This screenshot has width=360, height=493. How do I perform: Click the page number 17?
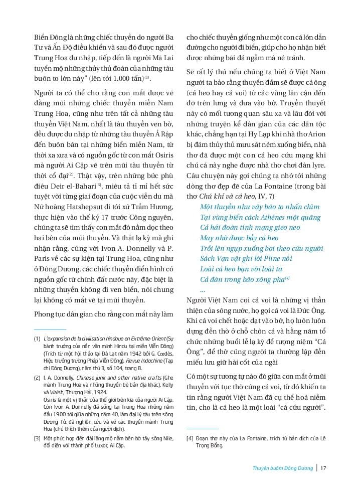[323, 469]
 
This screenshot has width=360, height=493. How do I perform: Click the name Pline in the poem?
[280, 259]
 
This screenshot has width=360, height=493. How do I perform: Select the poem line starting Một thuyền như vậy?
[259, 207]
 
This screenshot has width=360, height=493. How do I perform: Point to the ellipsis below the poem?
[202, 290]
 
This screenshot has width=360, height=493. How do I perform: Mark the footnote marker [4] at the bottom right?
[190, 438]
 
